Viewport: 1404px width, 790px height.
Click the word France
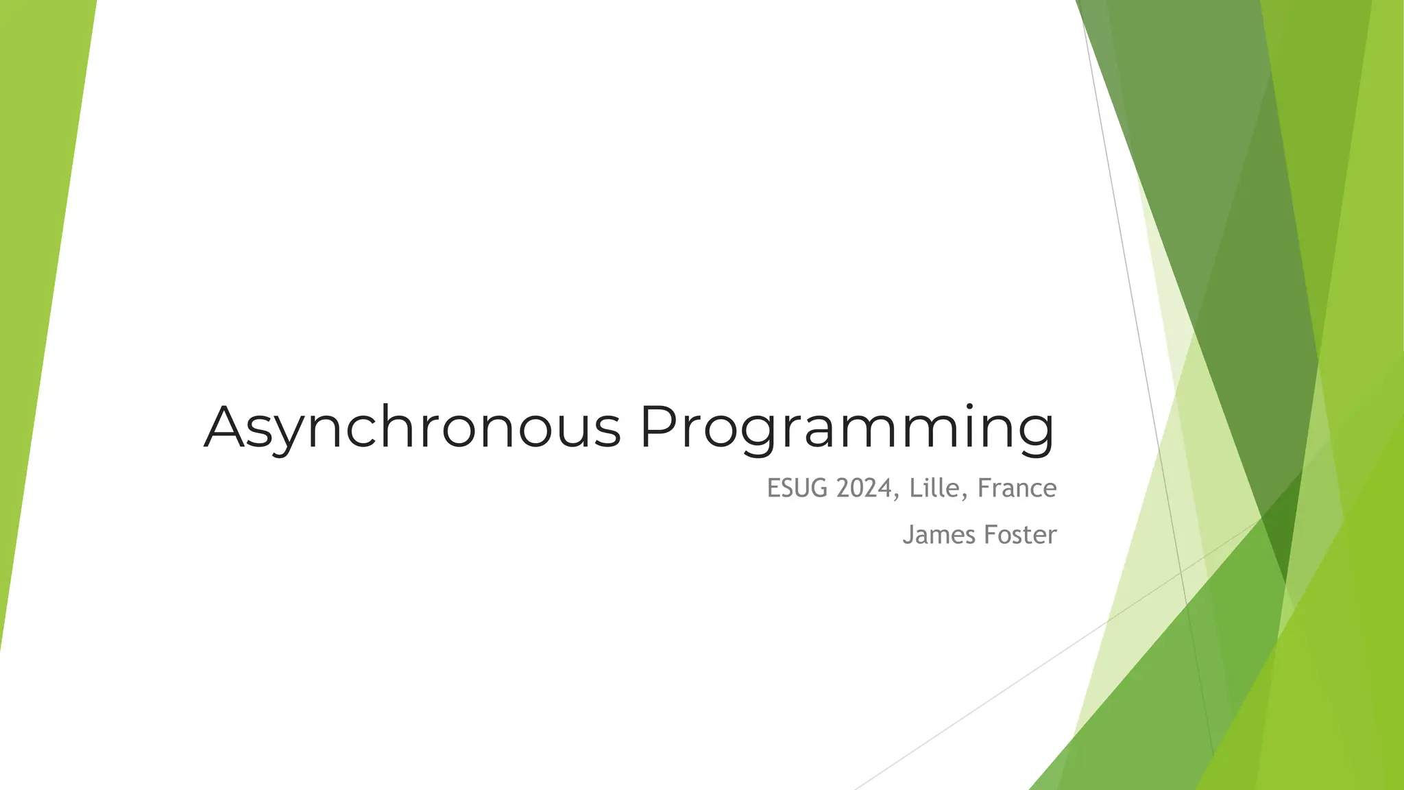(x=1017, y=488)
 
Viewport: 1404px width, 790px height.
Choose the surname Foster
(x=1020, y=535)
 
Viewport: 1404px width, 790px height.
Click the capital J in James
(x=908, y=535)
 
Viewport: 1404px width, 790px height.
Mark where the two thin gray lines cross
(x=1180, y=571)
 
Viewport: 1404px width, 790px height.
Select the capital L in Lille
(x=915, y=488)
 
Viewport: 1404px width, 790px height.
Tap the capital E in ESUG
(x=773, y=488)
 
